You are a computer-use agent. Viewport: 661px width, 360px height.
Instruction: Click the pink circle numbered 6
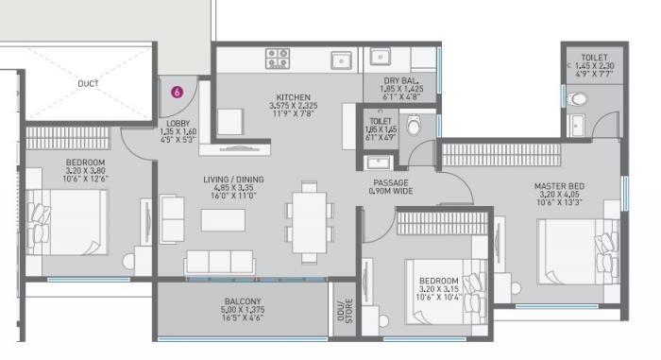click(177, 93)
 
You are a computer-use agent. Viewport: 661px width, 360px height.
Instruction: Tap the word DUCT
click(88, 84)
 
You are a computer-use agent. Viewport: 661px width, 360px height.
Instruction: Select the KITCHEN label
click(293, 97)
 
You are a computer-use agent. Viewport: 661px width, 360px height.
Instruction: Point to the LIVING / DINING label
click(233, 180)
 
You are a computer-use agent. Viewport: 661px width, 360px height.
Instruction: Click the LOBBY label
click(178, 123)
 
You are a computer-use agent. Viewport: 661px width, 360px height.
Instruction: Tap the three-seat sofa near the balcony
click(219, 262)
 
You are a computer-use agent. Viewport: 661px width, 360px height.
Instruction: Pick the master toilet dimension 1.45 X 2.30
click(595, 66)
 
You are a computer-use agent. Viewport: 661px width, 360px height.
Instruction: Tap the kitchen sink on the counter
click(341, 60)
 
